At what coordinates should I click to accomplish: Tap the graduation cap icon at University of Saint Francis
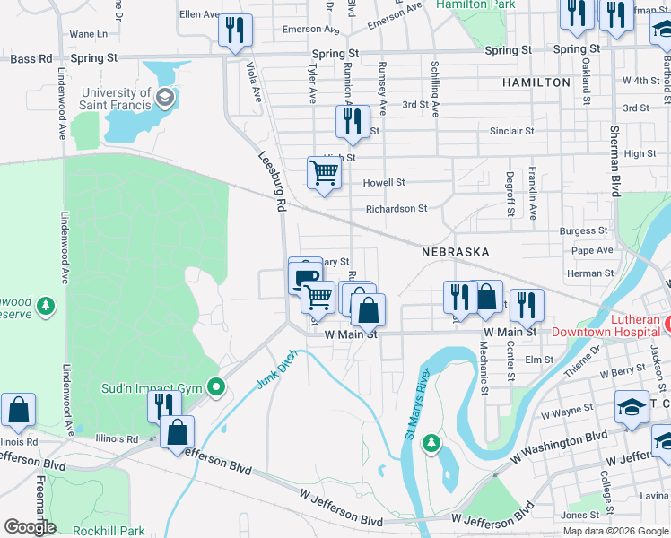pyautogui.click(x=164, y=97)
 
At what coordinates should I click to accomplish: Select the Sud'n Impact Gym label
pyautogui.click(x=154, y=388)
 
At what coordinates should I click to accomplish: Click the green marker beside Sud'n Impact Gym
pyautogui.click(x=215, y=387)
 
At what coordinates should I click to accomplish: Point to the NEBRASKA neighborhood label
pyautogui.click(x=456, y=253)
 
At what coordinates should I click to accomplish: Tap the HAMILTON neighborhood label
pyautogui.click(x=536, y=82)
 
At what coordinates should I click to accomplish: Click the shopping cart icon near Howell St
pyautogui.click(x=324, y=171)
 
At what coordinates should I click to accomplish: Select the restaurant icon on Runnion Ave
pyautogui.click(x=353, y=119)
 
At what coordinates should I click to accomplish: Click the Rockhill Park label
pyautogui.click(x=109, y=531)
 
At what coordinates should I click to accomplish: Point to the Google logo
pyautogui.click(x=30, y=527)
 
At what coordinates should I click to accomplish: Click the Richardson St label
pyautogui.click(x=396, y=209)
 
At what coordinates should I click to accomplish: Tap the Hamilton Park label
pyautogui.click(x=476, y=5)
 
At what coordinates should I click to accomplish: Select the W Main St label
pyautogui.click(x=351, y=334)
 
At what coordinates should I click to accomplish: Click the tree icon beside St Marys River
pyautogui.click(x=431, y=442)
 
